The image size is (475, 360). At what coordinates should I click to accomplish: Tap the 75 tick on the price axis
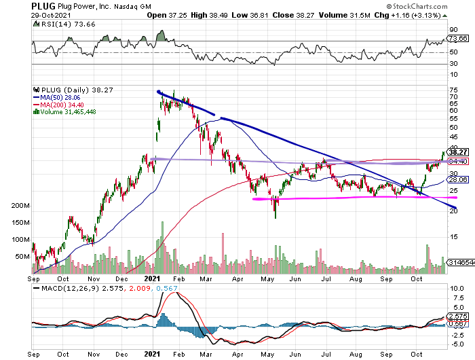point(453,89)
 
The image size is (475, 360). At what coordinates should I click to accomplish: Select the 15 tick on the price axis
point(453,236)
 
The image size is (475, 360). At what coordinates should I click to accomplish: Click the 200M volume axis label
point(21,206)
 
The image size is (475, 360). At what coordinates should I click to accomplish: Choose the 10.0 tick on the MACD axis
point(456,289)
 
